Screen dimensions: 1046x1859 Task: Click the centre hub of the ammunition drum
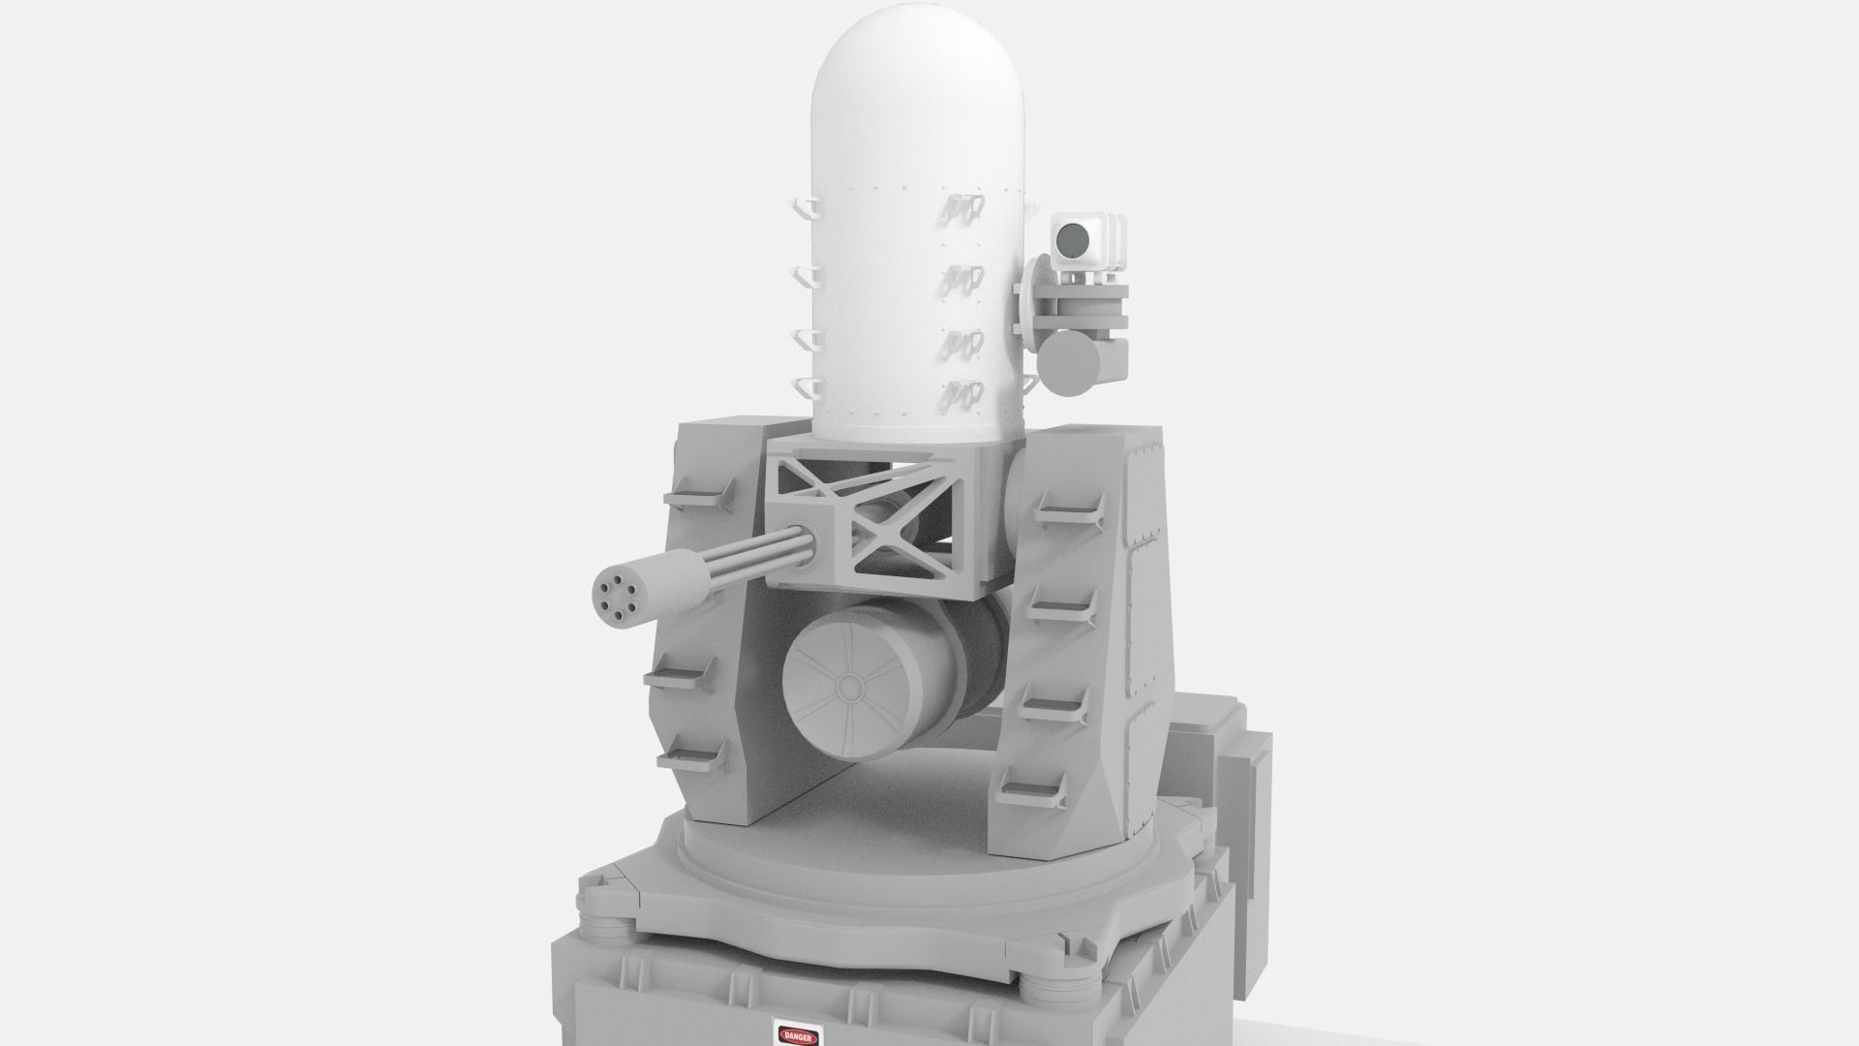tap(852, 689)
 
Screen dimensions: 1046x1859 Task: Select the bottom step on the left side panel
tap(693, 759)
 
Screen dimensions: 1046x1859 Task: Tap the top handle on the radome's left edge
tap(806, 208)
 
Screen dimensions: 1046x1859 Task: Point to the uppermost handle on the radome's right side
tap(963, 206)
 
